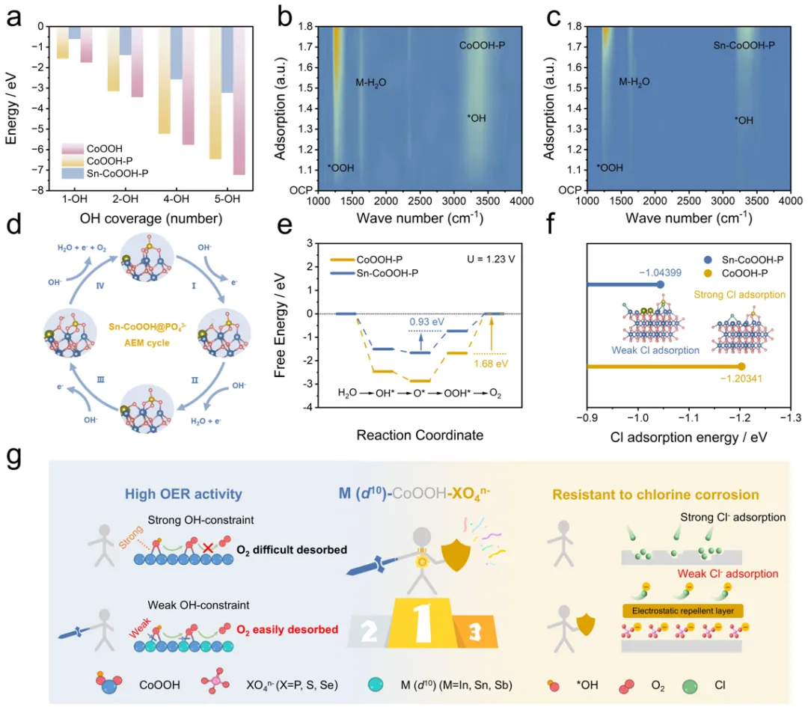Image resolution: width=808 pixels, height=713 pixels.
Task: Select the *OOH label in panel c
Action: pos(610,168)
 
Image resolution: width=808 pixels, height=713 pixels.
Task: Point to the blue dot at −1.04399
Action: pos(661,284)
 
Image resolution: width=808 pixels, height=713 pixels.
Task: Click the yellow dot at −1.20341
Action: pos(741,367)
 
